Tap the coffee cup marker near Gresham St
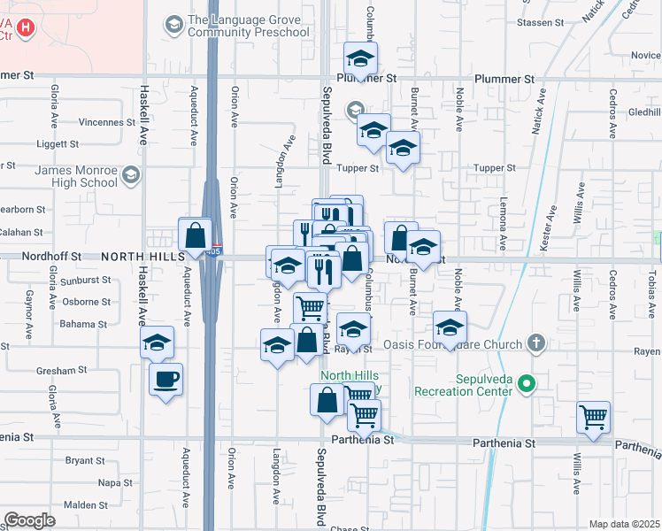click(x=165, y=381)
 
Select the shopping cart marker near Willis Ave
click(x=593, y=417)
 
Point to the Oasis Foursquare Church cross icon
click(x=535, y=342)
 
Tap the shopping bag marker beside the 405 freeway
click(x=195, y=235)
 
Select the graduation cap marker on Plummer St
click(x=360, y=60)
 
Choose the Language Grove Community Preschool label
click(x=248, y=27)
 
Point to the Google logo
click(x=29, y=520)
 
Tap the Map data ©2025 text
click(x=625, y=524)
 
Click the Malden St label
click(x=86, y=505)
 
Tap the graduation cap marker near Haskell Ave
click(x=158, y=344)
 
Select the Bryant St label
click(x=85, y=460)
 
